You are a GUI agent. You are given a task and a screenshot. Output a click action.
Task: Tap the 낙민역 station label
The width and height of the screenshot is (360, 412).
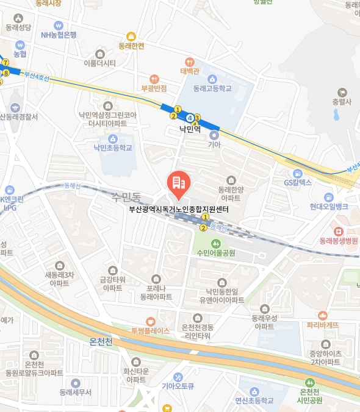(190, 129)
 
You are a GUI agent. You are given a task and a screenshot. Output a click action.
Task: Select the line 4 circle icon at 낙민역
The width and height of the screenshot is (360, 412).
(191, 117)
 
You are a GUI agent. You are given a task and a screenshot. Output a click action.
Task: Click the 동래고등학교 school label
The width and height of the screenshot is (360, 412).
(212, 88)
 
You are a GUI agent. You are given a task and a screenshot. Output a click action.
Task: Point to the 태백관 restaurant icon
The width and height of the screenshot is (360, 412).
(190, 61)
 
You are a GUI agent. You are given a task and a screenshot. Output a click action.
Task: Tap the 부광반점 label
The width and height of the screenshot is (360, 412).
(154, 88)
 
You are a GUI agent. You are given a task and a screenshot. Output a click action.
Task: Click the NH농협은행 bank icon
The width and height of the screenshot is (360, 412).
(59, 26)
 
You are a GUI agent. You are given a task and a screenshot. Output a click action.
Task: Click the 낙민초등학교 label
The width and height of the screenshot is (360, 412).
(112, 147)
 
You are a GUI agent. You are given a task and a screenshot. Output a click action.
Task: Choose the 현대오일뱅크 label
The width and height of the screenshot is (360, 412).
(328, 207)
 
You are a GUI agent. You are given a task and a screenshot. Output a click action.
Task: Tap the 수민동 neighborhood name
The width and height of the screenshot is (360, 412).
(126, 197)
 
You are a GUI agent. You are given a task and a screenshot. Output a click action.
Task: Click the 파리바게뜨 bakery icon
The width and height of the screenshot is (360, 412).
(323, 314)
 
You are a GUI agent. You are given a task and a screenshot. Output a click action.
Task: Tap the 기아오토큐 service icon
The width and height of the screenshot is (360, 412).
(178, 377)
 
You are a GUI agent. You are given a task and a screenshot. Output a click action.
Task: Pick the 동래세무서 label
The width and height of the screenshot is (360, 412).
(76, 392)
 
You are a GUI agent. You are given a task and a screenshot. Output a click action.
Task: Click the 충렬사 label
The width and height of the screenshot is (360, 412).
(342, 101)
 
